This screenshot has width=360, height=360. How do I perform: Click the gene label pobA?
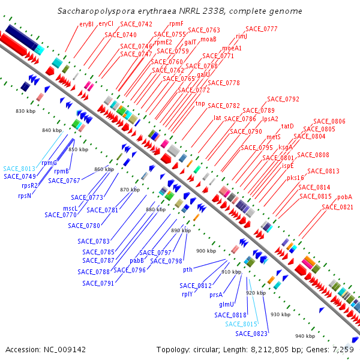coord(344,197)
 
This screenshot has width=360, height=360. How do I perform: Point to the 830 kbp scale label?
coord(26,112)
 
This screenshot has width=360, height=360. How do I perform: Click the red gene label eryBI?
coord(86,24)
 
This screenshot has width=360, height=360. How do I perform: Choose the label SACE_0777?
coord(262,29)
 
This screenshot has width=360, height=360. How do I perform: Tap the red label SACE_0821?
coord(337,207)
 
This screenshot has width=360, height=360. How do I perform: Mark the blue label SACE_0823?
coord(251,334)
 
